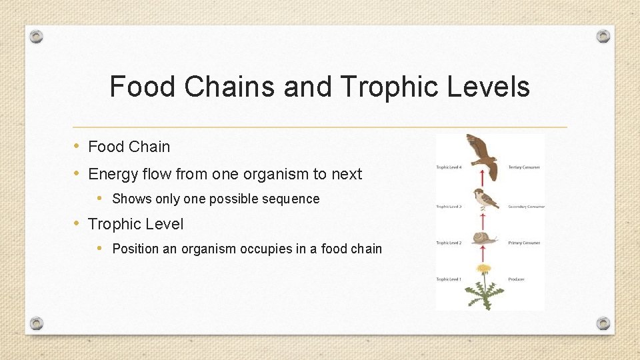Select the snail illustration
[485, 237]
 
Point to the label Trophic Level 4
[449, 167]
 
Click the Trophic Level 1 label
[449, 279]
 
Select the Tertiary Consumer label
[524, 167]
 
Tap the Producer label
[516, 279]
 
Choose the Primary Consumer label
[524, 243]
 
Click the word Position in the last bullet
[136, 249]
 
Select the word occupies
[251, 249]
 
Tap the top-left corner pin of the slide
[37, 36]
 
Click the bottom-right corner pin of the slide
[603, 324]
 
